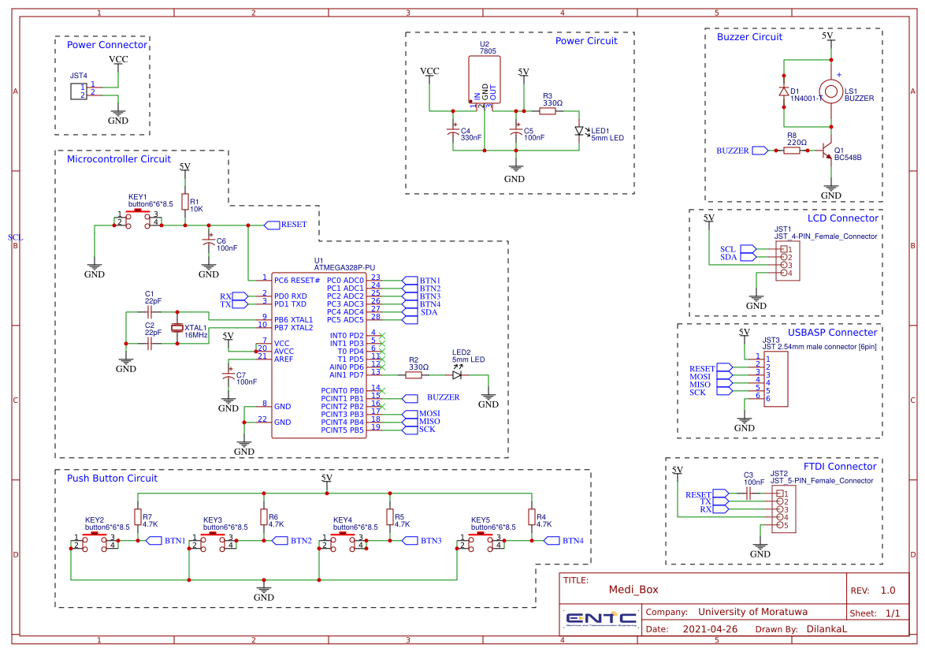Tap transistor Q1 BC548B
[x=827, y=151]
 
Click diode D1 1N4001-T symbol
[x=784, y=91]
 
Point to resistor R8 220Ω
[x=792, y=150]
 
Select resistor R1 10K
[x=185, y=203]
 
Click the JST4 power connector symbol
[x=78, y=90]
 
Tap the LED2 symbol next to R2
[x=457, y=375]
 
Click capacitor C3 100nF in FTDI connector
[x=749, y=493]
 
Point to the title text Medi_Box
[x=633, y=589]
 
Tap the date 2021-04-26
[x=710, y=629]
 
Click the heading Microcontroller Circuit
[x=118, y=159]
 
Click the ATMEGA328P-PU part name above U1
[x=344, y=268]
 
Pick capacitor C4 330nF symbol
[x=452, y=132]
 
